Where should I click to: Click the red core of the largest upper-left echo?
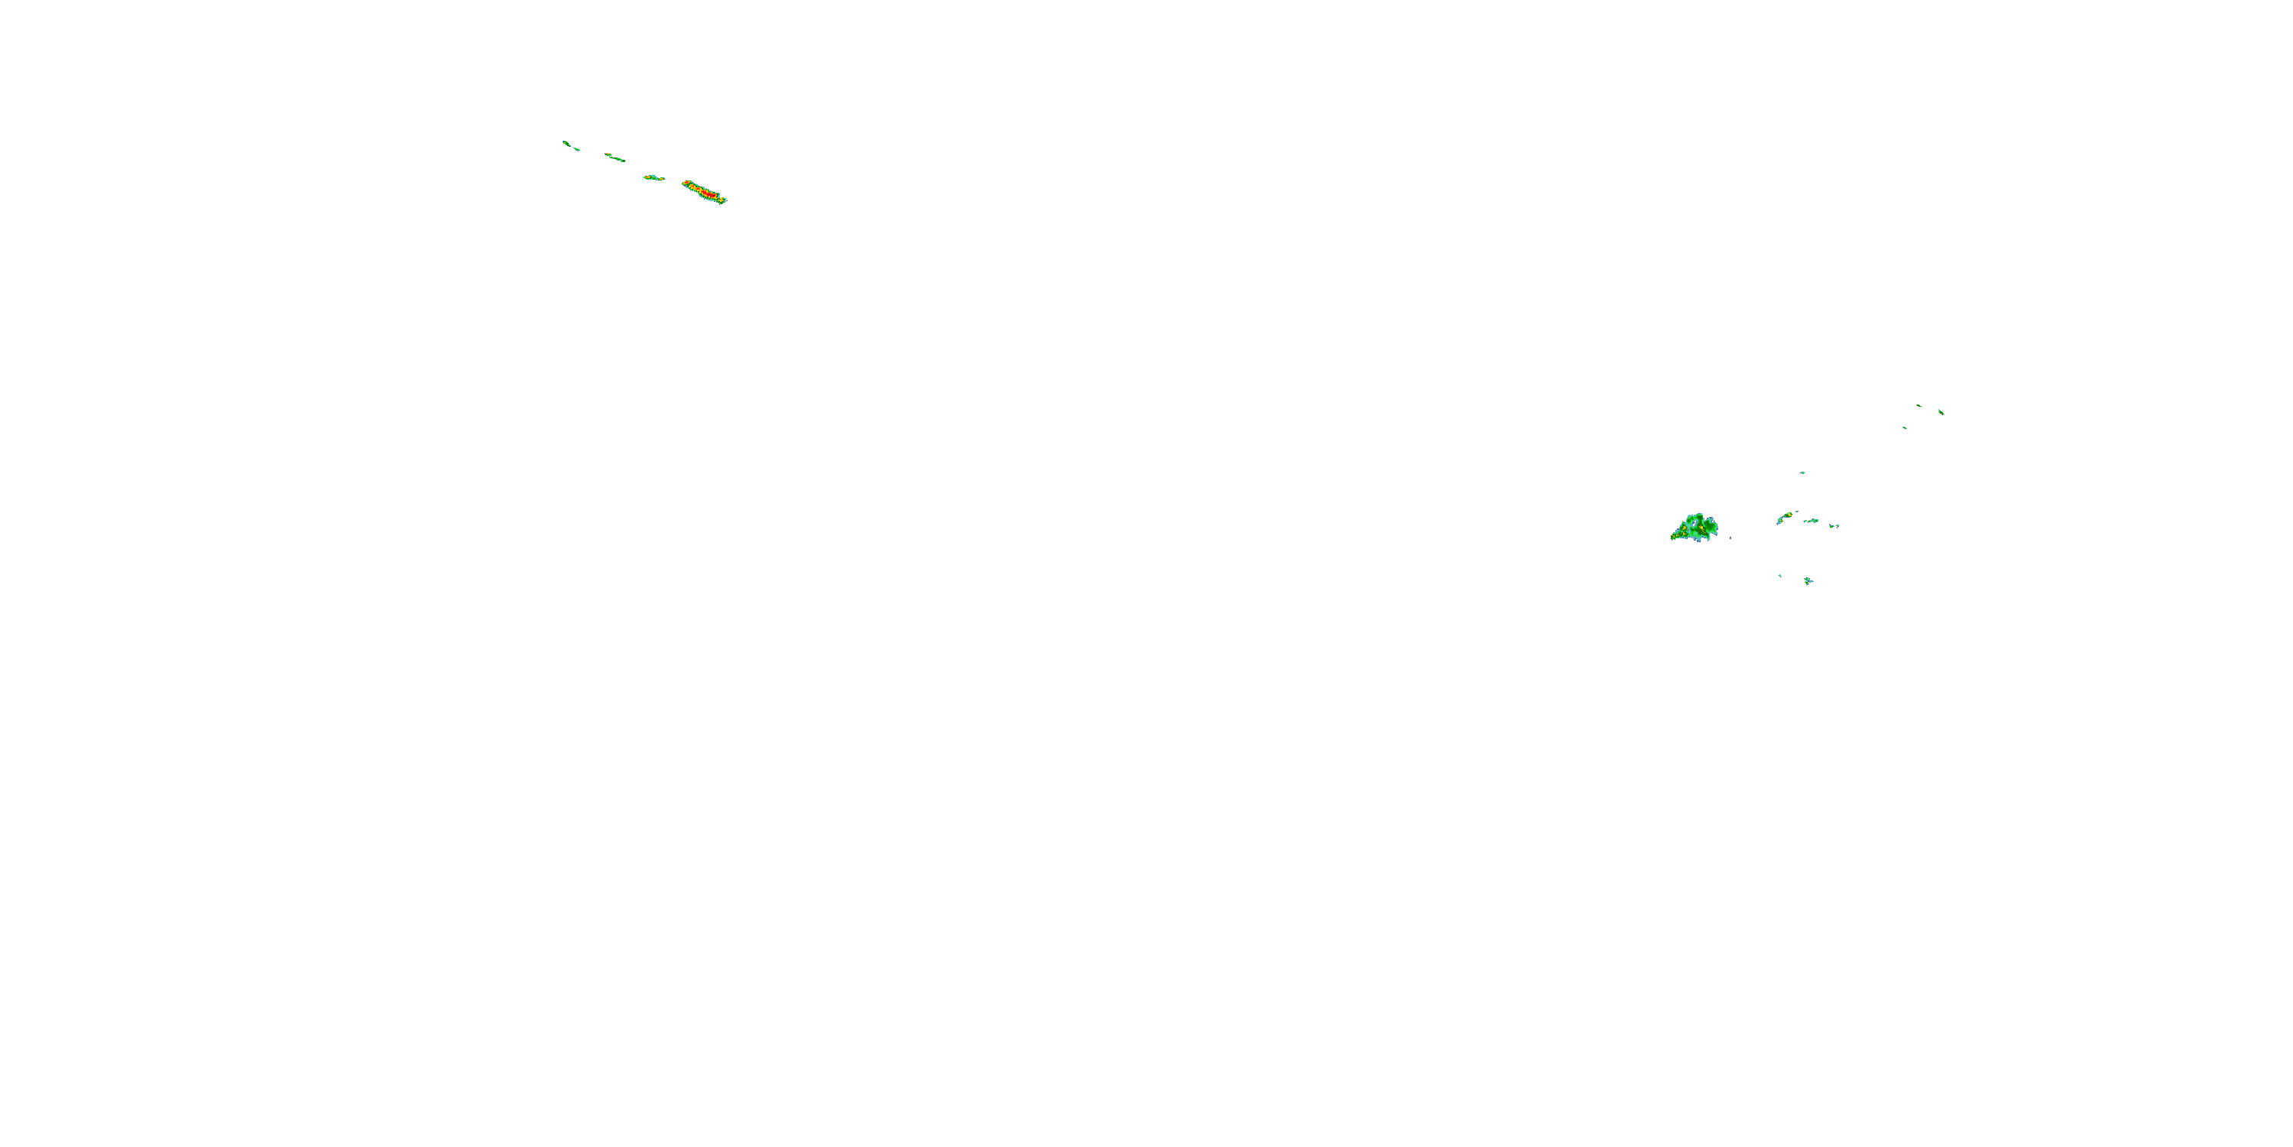pyautogui.click(x=705, y=191)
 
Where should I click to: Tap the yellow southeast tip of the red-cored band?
pyautogui.click(x=723, y=200)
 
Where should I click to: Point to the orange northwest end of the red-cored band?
pyautogui.click(x=686, y=184)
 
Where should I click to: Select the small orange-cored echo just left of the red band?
pyautogui.click(x=654, y=177)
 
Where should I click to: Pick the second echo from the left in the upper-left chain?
pyautogui.click(x=615, y=158)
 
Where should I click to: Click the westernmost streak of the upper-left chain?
pyautogui.click(x=569, y=145)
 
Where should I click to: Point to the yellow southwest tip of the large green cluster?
pyautogui.click(x=1675, y=536)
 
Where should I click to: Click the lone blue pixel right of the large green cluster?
pyautogui.click(x=1730, y=538)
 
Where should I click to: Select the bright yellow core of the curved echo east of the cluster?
pyautogui.click(x=1788, y=515)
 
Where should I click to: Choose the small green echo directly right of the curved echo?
pyautogui.click(x=1811, y=520)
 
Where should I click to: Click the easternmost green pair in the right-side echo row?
pyautogui.click(x=1834, y=525)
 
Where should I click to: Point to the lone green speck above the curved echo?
pyautogui.click(x=1802, y=473)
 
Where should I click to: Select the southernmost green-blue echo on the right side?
pyautogui.click(x=1808, y=580)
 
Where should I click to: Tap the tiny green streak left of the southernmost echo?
pyautogui.click(x=1780, y=575)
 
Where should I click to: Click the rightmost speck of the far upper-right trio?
pyautogui.click(x=1941, y=411)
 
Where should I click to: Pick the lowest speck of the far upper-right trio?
pyautogui.click(x=1905, y=427)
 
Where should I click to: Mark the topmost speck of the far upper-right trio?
pyautogui.click(x=1918, y=405)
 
